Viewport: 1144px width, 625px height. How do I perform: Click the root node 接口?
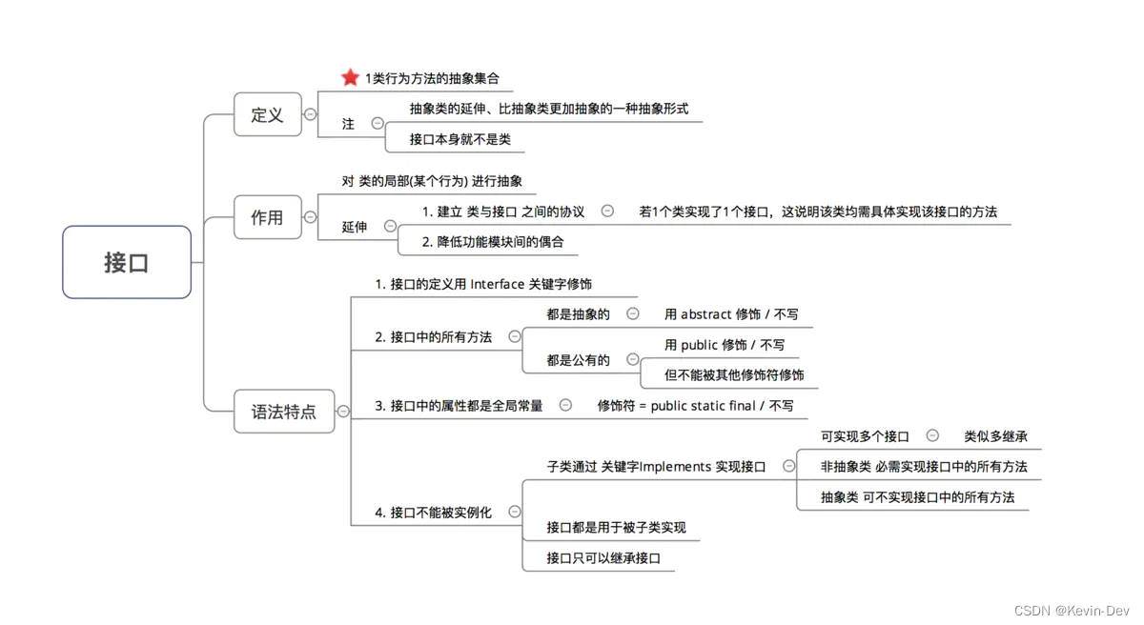click(x=127, y=263)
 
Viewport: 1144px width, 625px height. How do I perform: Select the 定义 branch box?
click(x=267, y=115)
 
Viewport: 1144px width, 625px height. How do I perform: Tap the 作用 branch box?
click(x=267, y=217)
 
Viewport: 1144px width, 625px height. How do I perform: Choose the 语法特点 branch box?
click(x=284, y=412)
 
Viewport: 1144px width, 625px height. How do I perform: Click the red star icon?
click(x=350, y=78)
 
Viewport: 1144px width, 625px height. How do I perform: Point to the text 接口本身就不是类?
click(x=460, y=139)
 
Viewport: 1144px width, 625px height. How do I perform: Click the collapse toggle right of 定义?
click(x=310, y=114)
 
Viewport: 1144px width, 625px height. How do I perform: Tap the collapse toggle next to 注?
click(x=378, y=123)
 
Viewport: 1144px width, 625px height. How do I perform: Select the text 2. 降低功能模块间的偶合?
click(x=493, y=242)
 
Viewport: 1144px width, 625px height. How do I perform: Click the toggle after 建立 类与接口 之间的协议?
click(x=607, y=211)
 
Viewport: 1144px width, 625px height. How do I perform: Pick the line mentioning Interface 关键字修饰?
click(x=483, y=284)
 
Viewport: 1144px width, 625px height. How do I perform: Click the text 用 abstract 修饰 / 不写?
click(x=731, y=314)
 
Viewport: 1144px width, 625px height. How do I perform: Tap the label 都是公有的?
click(x=578, y=360)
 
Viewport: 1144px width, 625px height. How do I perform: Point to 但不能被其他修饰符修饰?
click(x=734, y=375)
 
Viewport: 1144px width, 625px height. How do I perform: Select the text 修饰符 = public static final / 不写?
click(x=695, y=406)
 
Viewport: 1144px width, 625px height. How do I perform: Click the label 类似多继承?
click(x=995, y=436)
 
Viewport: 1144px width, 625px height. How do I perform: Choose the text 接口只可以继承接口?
click(x=603, y=558)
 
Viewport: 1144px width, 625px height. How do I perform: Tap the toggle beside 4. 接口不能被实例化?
click(x=515, y=512)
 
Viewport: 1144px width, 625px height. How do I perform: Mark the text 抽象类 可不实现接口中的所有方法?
click(x=917, y=497)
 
